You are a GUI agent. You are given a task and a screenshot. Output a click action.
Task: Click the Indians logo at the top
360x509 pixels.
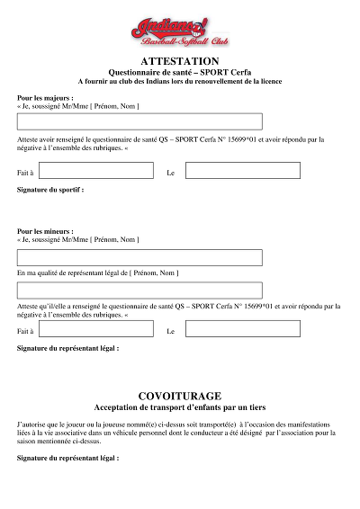point(179,27)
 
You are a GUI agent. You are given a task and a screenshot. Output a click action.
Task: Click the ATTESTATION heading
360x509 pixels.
point(180,61)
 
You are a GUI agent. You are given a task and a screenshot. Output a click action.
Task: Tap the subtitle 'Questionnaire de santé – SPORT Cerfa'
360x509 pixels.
point(180,72)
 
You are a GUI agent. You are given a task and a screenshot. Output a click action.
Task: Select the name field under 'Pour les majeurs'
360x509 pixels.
point(139,121)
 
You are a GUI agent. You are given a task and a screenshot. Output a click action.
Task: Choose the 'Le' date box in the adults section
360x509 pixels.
point(242,171)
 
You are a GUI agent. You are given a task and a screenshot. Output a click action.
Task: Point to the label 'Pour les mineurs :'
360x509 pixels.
point(46,231)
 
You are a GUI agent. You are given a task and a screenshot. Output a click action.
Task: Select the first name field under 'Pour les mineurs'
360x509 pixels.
point(139,257)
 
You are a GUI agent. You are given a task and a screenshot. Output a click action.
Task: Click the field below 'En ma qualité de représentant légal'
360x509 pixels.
point(139,290)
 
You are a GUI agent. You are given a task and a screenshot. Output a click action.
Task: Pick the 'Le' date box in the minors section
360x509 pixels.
point(242,330)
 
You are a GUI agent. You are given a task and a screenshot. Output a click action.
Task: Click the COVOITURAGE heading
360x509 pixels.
point(180,396)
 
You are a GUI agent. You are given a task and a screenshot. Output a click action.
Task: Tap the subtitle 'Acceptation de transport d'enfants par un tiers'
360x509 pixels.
point(180,407)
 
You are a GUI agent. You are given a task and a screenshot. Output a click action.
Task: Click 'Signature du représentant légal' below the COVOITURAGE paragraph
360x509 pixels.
point(67,458)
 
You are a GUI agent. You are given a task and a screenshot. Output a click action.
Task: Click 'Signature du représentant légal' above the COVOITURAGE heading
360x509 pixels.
point(67,347)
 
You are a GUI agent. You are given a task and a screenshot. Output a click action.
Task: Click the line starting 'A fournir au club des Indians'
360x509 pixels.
point(180,81)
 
